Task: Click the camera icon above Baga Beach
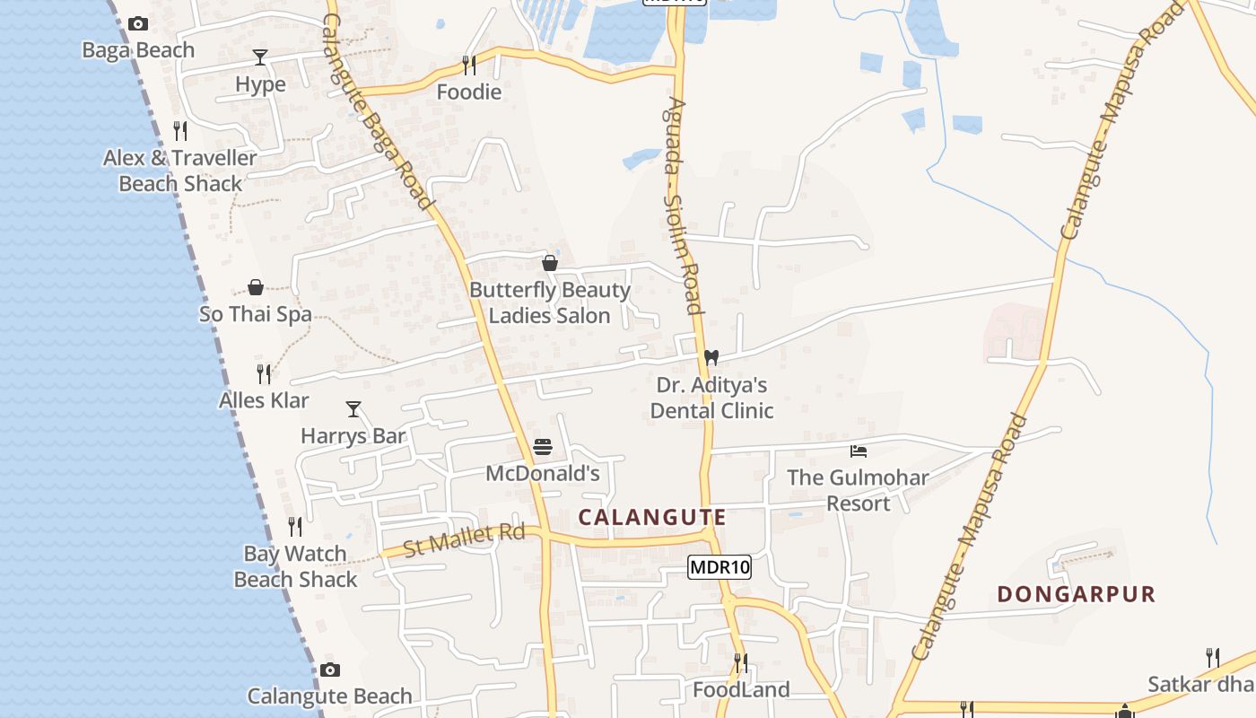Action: (137, 24)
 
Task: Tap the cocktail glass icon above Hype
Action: (260, 57)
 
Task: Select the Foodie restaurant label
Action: (468, 92)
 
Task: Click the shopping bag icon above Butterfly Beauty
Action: (550, 263)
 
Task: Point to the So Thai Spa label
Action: (256, 314)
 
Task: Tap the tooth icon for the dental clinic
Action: (711, 357)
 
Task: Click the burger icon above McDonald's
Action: (542, 447)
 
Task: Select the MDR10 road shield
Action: (720, 567)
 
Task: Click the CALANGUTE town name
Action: (652, 518)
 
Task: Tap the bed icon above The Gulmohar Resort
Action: (859, 451)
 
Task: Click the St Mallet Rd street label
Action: (464, 540)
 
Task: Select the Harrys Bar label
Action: (353, 436)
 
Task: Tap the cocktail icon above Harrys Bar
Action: (353, 409)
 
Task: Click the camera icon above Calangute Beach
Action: (330, 670)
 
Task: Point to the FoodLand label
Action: (741, 689)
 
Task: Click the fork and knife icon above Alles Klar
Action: (264, 373)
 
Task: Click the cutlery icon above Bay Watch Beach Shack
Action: (295, 526)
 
